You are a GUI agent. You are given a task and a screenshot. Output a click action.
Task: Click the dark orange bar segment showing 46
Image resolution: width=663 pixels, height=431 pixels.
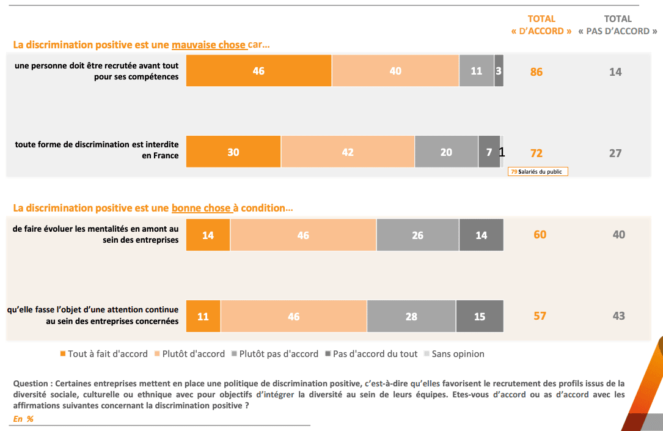click(x=258, y=71)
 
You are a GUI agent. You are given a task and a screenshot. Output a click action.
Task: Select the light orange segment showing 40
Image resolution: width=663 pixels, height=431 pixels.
click(x=395, y=71)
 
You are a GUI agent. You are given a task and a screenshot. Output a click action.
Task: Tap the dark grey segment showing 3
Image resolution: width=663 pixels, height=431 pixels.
click(x=499, y=71)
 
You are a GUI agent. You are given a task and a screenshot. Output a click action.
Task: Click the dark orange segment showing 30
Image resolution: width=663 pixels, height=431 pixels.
click(x=233, y=152)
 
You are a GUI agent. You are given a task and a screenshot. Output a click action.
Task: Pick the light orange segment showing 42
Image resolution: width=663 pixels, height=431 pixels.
click(x=348, y=152)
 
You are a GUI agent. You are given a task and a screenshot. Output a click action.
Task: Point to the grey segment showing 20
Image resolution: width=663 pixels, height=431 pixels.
click(x=446, y=152)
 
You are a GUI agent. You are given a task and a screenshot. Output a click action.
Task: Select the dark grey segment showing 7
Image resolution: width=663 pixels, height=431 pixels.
click(x=489, y=152)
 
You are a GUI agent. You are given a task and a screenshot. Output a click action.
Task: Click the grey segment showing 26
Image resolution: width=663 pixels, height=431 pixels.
click(x=417, y=235)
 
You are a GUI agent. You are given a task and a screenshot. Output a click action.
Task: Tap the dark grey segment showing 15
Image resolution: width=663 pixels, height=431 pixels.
click(x=480, y=316)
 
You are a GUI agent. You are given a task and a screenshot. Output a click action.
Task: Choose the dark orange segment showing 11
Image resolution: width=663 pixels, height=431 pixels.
click(x=203, y=316)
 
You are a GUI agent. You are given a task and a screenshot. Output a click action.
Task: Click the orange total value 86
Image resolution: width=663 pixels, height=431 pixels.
click(x=536, y=72)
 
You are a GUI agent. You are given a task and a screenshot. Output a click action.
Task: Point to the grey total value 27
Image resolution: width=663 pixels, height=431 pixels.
click(x=615, y=153)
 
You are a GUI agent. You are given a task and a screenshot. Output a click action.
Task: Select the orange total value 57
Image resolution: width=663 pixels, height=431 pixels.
click(x=540, y=315)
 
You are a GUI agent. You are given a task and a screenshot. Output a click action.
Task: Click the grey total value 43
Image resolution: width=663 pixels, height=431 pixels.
click(x=618, y=315)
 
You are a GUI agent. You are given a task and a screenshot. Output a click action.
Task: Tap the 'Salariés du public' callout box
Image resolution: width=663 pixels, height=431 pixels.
click(x=538, y=172)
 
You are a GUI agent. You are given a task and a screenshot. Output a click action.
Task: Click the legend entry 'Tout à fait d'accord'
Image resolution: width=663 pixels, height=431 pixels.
click(x=104, y=354)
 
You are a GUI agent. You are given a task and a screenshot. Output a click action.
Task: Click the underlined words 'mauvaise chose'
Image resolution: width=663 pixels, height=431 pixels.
click(x=208, y=45)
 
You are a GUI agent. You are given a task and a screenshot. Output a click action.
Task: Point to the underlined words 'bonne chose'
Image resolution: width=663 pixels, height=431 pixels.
click(x=201, y=208)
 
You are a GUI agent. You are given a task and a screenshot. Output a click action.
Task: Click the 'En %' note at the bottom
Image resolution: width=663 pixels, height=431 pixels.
click(x=23, y=419)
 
